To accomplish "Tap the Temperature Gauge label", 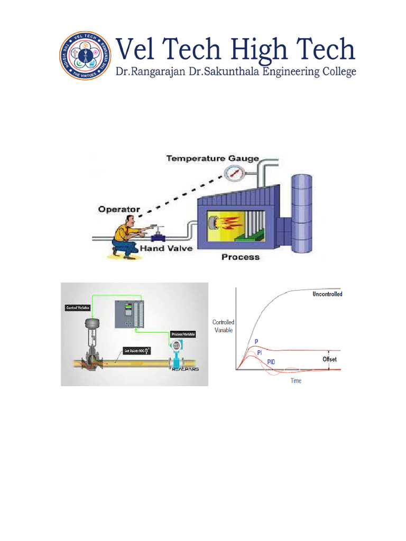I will coord(213,158).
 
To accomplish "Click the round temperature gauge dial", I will coord(233,173).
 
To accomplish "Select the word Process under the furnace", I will coord(241,257).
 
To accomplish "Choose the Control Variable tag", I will coord(77,307).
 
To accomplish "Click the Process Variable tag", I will coord(183,334).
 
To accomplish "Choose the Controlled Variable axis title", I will coord(223,326).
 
